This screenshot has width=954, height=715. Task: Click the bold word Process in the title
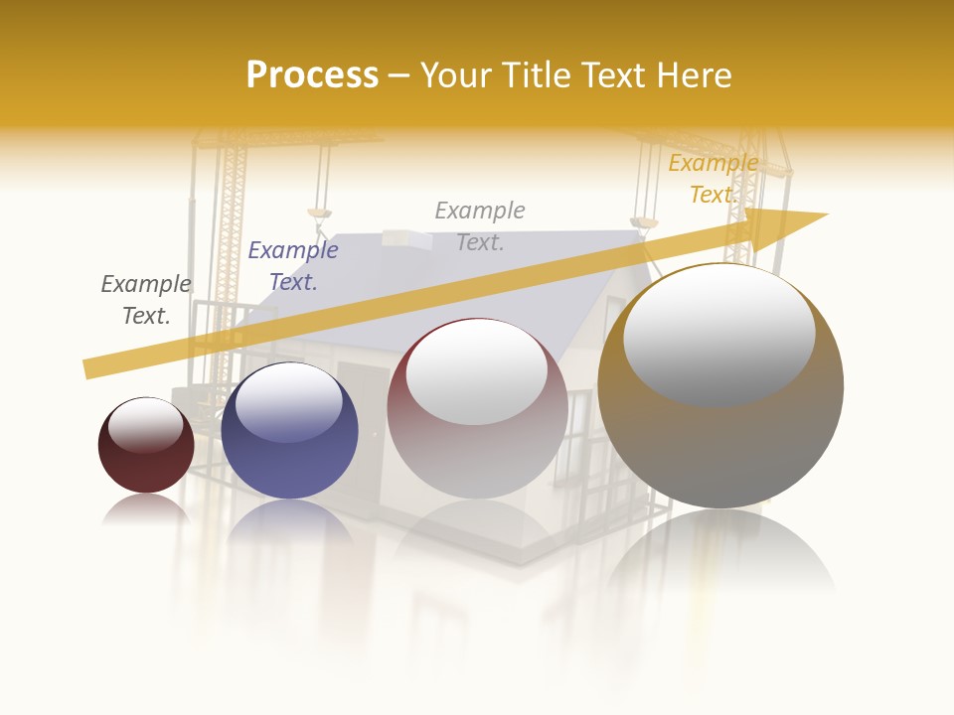click(x=312, y=75)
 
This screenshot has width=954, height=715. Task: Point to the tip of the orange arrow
click(x=825, y=215)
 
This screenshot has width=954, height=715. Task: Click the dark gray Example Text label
click(x=146, y=300)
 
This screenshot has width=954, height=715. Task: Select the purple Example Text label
click(x=293, y=266)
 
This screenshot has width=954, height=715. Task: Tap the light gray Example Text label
click(x=480, y=226)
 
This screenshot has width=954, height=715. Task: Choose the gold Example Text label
click(x=714, y=179)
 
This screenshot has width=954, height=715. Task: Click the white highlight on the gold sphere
click(x=718, y=333)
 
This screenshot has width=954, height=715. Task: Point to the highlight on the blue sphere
click(x=288, y=402)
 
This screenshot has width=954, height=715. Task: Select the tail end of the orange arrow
click(x=89, y=368)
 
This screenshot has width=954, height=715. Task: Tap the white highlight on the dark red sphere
click(x=145, y=424)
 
